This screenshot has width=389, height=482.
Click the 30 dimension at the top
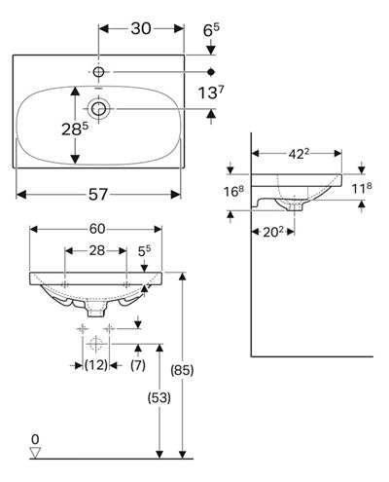[x=141, y=28]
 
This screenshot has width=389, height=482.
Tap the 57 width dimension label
[x=98, y=195]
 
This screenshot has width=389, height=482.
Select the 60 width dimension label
[x=97, y=229]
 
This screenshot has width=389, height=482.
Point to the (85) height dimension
[x=182, y=370]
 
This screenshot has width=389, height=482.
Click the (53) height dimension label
[x=159, y=398]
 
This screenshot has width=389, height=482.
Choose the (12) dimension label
[x=96, y=365]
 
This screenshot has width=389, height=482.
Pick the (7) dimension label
[x=138, y=365]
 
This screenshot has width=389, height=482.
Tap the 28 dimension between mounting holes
[x=97, y=250]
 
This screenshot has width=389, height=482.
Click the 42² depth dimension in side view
[x=297, y=154]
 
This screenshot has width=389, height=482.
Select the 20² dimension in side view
[x=273, y=232]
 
